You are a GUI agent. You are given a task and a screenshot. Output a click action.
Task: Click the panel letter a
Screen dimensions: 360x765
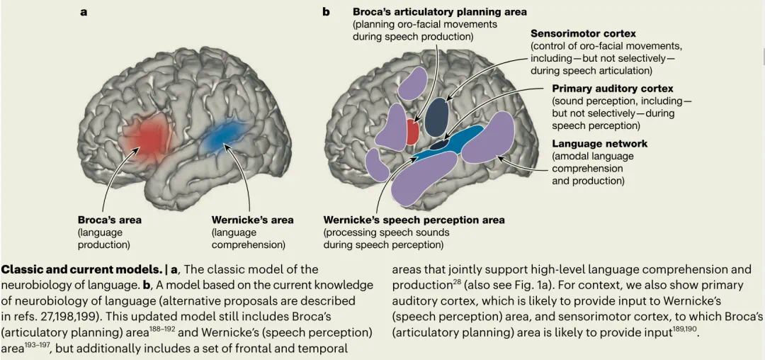tap(84, 12)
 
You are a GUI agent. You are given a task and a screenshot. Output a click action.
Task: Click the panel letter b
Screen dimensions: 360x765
tap(326, 12)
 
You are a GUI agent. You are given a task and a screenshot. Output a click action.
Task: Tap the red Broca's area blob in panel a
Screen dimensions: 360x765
tap(147, 136)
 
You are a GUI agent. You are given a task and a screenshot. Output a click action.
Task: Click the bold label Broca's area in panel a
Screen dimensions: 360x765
tap(110, 220)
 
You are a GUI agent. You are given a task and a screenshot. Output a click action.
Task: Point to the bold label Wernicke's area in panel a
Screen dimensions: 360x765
tap(252, 220)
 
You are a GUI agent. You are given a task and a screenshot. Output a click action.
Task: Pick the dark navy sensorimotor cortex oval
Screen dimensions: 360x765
tap(437, 116)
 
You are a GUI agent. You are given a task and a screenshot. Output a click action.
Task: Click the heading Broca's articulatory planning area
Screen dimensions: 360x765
tap(439, 12)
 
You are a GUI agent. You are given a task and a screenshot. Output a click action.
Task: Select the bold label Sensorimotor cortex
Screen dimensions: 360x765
tap(583, 33)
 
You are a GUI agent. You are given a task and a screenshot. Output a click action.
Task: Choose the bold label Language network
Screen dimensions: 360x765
tap(599, 144)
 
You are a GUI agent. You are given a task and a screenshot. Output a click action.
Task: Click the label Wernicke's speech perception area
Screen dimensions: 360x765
tap(414, 220)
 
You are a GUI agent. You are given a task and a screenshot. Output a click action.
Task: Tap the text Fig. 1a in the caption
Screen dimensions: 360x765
tap(523, 285)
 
